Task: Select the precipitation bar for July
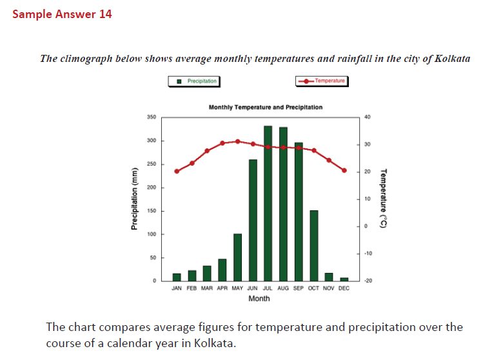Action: [x=268, y=203]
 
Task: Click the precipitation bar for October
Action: [x=313, y=245]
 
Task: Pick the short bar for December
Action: [x=344, y=279]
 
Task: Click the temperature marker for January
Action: [x=177, y=171]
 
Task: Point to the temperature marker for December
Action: [x=344, y=170]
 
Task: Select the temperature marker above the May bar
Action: [x=237, y=141]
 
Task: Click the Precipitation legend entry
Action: [x=193, y=81]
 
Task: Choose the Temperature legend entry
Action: [x=321, y=81]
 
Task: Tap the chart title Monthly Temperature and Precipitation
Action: [x=266, y=107]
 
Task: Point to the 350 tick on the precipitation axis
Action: [x=152, y=117]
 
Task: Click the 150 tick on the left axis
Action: [x=152, y=211]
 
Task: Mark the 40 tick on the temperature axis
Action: [x=368, y=117]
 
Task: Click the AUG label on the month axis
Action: [x=283, y=288]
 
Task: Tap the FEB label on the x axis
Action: [x=192, y=288]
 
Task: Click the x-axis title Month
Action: [x=259, y=299]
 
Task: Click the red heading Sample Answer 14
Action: [x=62, y=14]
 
